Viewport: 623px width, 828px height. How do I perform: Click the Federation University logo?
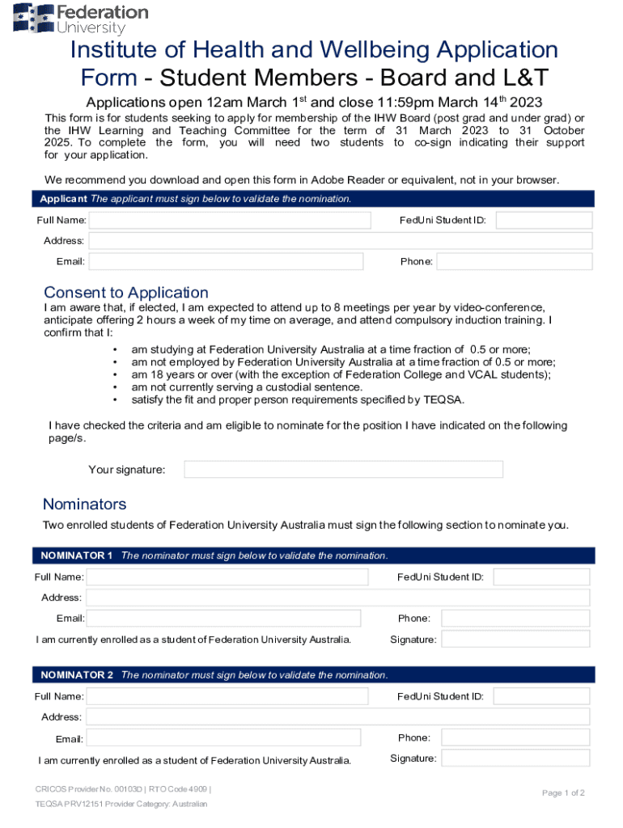[81, 18]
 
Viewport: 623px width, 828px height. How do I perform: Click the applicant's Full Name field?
[229, 220]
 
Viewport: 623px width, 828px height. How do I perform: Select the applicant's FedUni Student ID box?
[544, 220]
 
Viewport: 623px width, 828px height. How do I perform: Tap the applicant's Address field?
[340, 241]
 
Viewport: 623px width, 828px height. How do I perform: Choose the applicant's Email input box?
[226, 261]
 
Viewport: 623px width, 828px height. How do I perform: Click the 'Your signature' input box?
[343, 470]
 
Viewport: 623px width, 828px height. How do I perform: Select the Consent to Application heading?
[126, 293]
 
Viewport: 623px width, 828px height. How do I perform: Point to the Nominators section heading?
[85, 505]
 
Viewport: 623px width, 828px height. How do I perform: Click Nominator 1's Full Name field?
[227, 577]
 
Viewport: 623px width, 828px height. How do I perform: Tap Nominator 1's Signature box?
[515, 640]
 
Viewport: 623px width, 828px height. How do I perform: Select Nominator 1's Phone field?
[515, 619]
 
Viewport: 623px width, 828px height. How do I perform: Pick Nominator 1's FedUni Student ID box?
[541, 577]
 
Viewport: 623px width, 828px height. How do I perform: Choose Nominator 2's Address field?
[338, 717]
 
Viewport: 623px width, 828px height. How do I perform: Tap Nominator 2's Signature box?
[515, 758]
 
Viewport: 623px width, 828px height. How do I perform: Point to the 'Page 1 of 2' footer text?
[563, 793]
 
